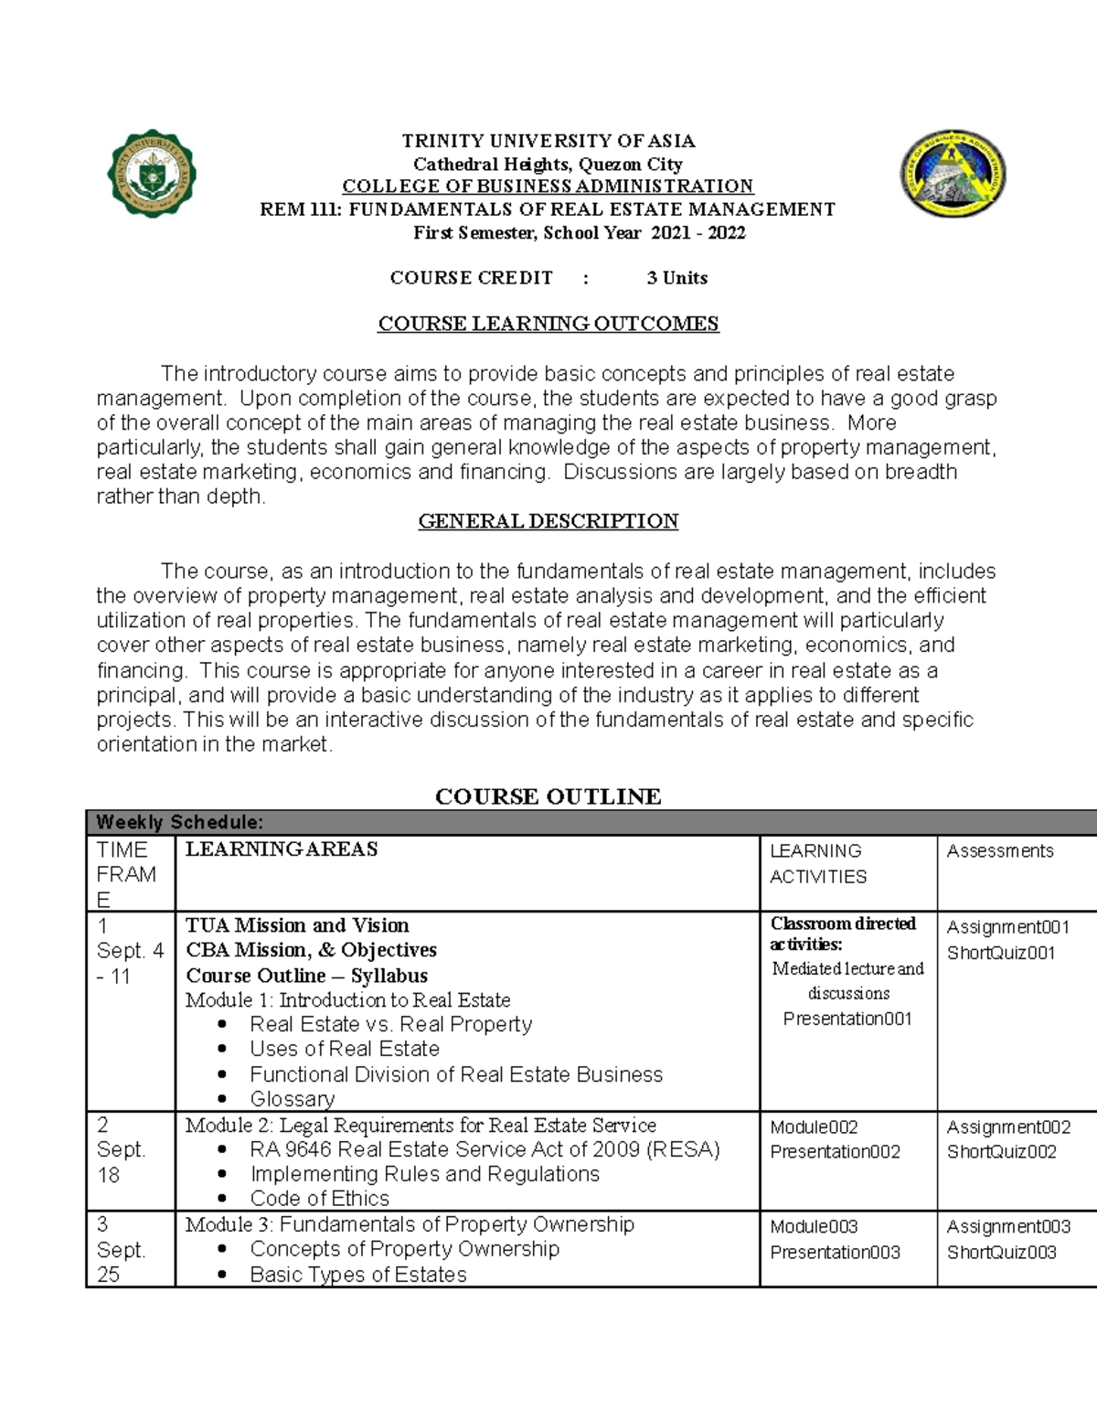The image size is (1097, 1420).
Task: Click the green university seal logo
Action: click(x=153, y=174)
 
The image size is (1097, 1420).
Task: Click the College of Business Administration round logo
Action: click(x=953, y=174)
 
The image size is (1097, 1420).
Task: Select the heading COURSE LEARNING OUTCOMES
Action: click(x=548, y=324)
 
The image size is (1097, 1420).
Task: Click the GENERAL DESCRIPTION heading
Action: click(x=548, y=521)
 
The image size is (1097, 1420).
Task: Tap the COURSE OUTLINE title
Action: click(x=548, y=796)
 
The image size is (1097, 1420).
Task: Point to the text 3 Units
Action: click(x=676, y=278)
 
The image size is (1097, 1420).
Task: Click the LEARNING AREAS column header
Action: click(x=282, y=849)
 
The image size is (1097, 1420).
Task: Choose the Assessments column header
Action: click(x=999, y=851)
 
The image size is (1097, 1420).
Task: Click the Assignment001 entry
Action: click(x=1007, y=927)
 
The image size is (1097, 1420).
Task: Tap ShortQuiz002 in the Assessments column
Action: click(x=1001, y=1152)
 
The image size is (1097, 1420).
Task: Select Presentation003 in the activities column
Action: click(x=835, y=1253)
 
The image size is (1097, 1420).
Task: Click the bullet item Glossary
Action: click(x=293, y=1099)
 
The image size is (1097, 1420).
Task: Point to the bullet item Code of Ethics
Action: click(x=319, y=1199)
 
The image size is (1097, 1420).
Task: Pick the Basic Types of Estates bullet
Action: click(x=357, y=1275)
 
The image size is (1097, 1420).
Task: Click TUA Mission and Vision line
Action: click(x=297, y=925)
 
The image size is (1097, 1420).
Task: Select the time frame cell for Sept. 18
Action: click(x=121, y=1150)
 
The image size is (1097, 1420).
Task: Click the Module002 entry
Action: click(x=814, y=1127)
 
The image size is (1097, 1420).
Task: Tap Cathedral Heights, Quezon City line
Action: click(x=548, y=165)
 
